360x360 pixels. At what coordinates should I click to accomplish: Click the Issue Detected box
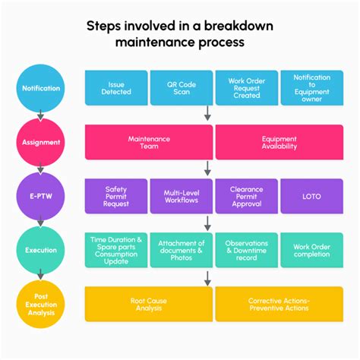point(115,87)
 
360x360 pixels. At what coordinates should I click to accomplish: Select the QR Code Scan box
point(181,87)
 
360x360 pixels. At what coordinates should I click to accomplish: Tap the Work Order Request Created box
point(246,87)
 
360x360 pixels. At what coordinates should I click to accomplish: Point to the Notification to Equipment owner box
point(311,87)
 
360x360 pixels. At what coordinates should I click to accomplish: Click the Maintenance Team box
point(149,142)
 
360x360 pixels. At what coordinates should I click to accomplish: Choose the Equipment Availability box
point(279,142)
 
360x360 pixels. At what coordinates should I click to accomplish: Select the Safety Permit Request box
point(115,195)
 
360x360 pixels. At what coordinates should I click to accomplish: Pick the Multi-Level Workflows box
point(181,195)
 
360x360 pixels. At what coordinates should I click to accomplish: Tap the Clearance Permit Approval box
point(246,195)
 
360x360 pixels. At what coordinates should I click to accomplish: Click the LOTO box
point(311,195)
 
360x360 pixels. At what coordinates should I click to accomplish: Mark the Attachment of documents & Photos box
point(181,249)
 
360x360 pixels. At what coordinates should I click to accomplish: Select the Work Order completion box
point(311,249)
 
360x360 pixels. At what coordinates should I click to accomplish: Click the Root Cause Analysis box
point(149,304)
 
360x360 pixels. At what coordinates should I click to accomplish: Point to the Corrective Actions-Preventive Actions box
point(279,304)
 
